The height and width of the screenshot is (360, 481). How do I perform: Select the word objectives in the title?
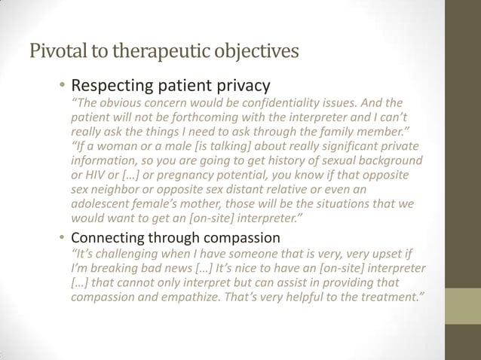[253, 53]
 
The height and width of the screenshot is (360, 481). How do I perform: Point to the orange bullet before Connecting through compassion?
[63, 237]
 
